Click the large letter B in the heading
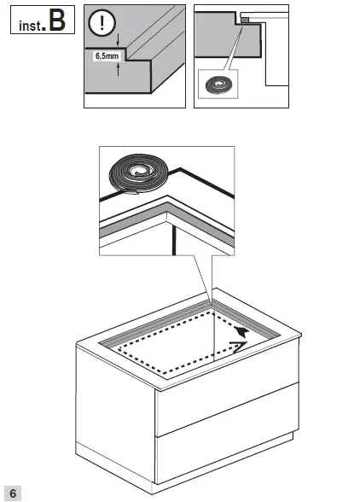point(57,20)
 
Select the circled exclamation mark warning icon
point(104,23)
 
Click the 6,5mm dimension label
point(106,57)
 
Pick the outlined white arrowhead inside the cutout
point(241,345)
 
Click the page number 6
point(14,493)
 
